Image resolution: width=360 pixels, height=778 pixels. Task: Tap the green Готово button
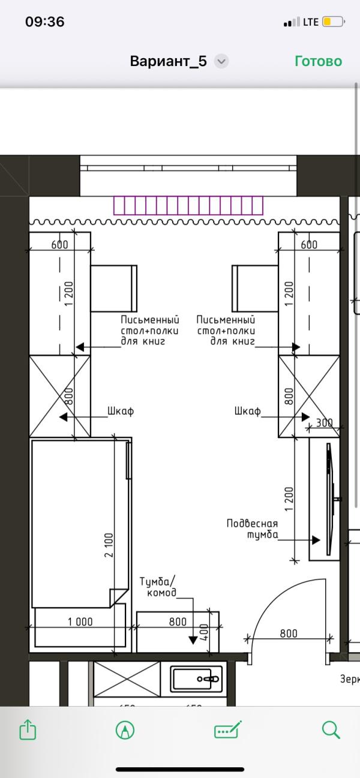(x=318, y=61)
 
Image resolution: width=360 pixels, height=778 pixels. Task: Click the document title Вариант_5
(x=169, y=61)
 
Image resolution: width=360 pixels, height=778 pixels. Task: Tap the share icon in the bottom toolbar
(x=28, y=730)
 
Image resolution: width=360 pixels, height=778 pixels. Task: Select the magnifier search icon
(x=331, y=730)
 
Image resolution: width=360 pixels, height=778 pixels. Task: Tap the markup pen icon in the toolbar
(x=125, y=730)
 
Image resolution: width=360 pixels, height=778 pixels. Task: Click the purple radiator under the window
(x=188, y=205)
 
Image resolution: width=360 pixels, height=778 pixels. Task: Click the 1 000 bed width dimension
(x=80, y=622)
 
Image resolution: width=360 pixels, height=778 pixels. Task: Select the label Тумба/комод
(x=158, y=587)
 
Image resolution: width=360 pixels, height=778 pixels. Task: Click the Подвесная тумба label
(x=252, y=529)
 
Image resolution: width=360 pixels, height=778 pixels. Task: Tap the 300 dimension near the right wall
(x=324, y=422)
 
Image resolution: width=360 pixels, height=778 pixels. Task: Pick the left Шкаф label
(x=120, y=411)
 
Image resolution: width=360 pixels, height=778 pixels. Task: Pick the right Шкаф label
(x=248, y=411)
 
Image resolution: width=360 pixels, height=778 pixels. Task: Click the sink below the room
(x=197, y=678)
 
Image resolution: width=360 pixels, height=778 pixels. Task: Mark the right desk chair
(x=255, y=288)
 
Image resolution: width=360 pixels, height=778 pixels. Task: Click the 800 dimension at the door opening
(x=288, y=633)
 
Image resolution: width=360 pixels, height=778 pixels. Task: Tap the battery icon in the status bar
(x=332, y=22)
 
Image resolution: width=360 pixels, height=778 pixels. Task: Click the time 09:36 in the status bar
(x=44, y=22)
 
